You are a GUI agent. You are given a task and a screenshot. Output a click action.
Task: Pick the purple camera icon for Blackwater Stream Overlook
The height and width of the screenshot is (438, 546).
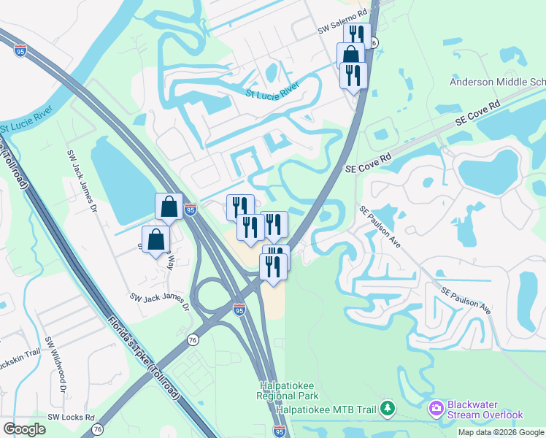coord(437,407)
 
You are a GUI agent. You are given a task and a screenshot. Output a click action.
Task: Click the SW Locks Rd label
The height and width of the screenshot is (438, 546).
coord(71,418)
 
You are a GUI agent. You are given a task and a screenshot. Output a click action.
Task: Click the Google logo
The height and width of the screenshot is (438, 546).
coord(24,429)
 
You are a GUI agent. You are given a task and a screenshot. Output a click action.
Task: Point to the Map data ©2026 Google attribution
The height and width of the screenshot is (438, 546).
coord(501,432)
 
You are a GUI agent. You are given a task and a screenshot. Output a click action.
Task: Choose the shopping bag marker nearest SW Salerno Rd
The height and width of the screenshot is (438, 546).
coord(351,55)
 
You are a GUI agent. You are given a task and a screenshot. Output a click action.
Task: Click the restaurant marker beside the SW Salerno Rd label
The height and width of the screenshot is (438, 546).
coord(357,35)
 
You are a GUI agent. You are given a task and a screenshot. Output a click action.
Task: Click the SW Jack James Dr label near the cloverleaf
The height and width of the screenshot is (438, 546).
coord(160,301)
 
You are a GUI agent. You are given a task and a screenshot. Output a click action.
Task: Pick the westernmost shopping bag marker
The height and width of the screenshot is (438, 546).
coord(156,239)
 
